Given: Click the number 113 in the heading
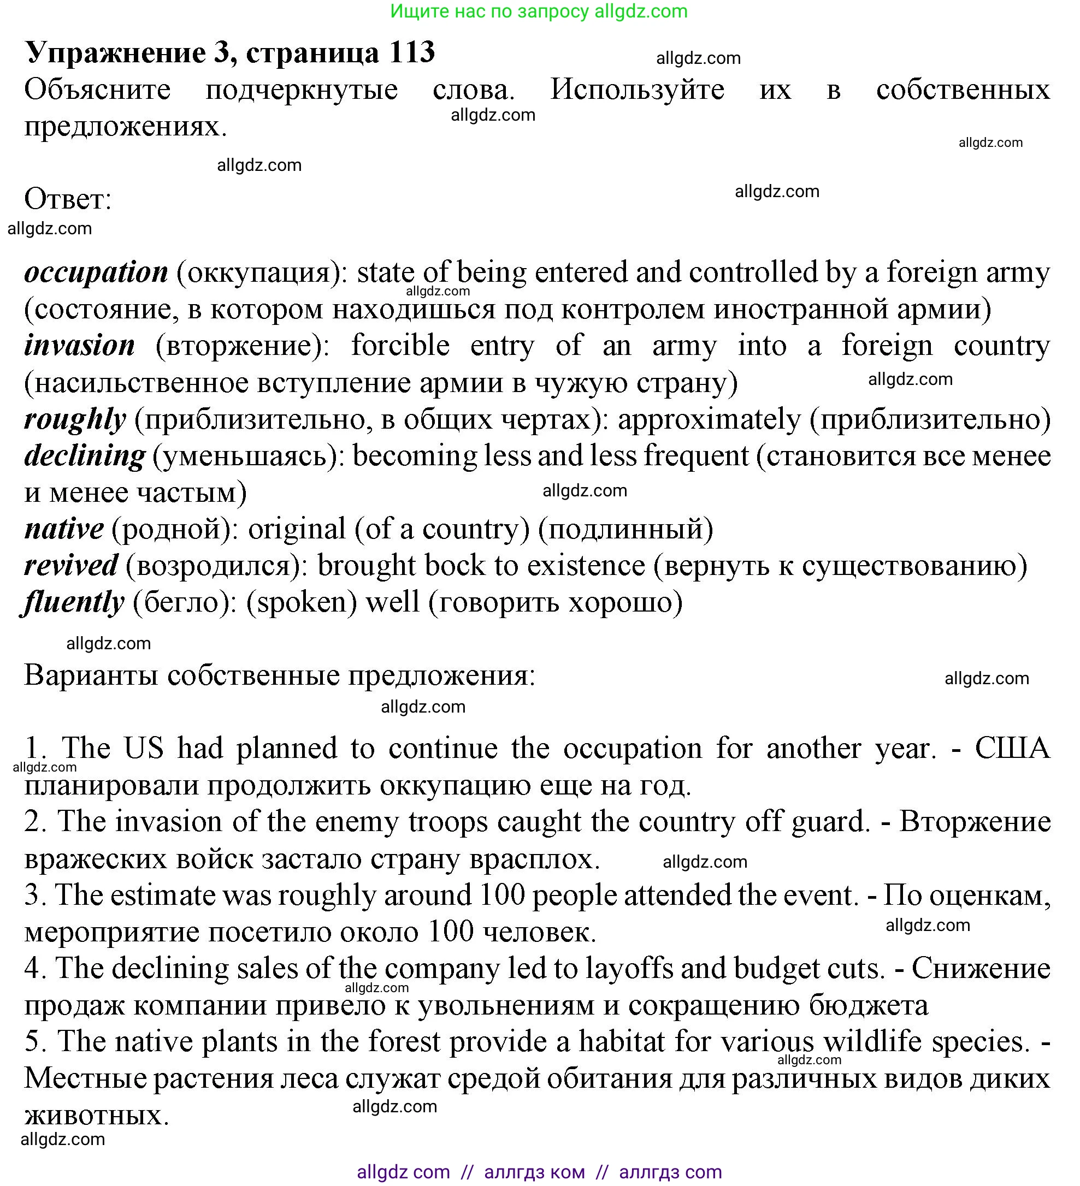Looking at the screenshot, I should tap(411, 52).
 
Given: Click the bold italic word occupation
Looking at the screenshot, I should tap(97, 272).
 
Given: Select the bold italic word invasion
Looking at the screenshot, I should tap(79, 345).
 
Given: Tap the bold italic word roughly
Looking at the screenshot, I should tap(75, 419).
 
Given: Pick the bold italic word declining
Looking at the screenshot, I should tap(85, 456).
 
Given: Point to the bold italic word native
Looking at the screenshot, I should tap(64, 529).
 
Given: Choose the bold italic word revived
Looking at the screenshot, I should tap(71, 565).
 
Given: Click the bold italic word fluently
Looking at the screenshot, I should tap(74, 602).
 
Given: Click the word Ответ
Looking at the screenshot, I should tap(67, 199).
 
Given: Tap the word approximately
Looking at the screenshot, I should tap(709, 419).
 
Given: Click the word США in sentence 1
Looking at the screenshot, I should tap(1012, 748).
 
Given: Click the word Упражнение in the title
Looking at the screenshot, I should tap(115, 52).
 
